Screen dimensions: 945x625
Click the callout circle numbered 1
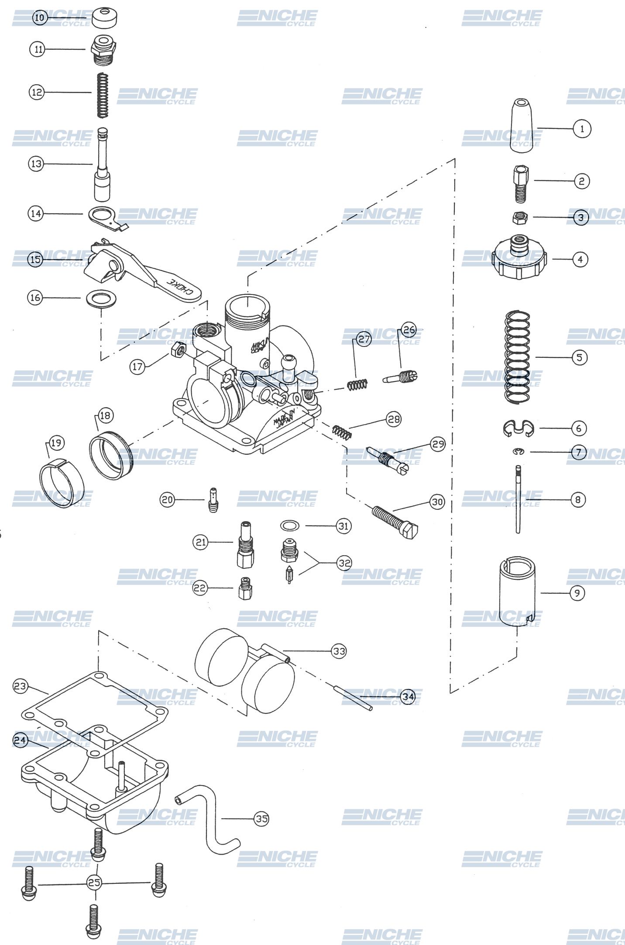[581, 129]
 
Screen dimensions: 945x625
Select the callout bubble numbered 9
[577, 593]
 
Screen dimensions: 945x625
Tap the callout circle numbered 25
[94, 882]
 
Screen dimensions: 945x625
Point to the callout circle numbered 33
[339, 651]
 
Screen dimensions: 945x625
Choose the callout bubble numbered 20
[167, 499]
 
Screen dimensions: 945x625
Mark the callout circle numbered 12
[37, 92]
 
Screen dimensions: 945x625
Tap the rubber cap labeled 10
[105, 17]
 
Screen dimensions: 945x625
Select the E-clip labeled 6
[518, 428]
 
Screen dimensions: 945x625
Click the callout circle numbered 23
[20, 686]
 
